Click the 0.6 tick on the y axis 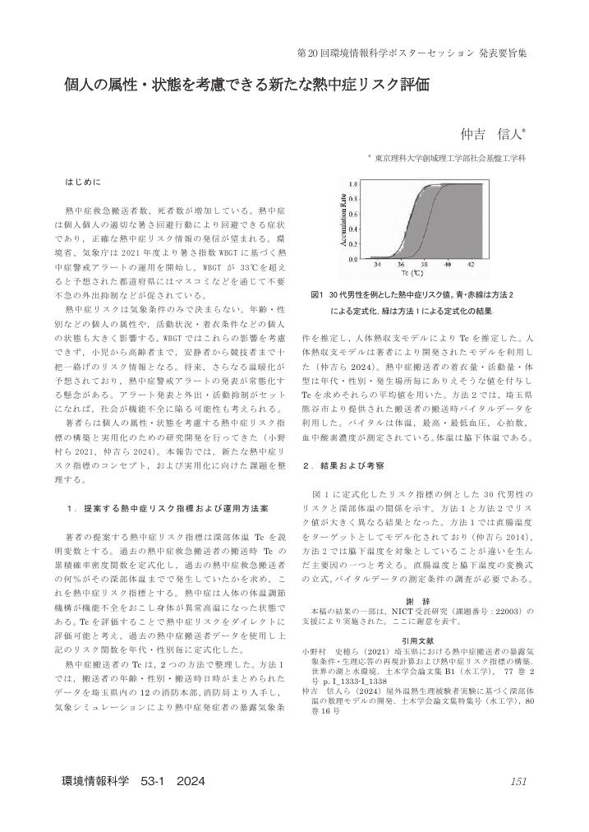pyautogui.click(x=352, y=214)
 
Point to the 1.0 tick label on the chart pyautogui.click(x=352, y=183)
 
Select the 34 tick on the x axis pyautogui.click(x=377, y=265)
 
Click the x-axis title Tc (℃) pyautogui.click(x=423, y=273)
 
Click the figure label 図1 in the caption pyautogui.click(x=318, y=294)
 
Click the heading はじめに pyautogui.click(x=84, y=178)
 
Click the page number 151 pyautogui.click(x=518, y=781)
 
